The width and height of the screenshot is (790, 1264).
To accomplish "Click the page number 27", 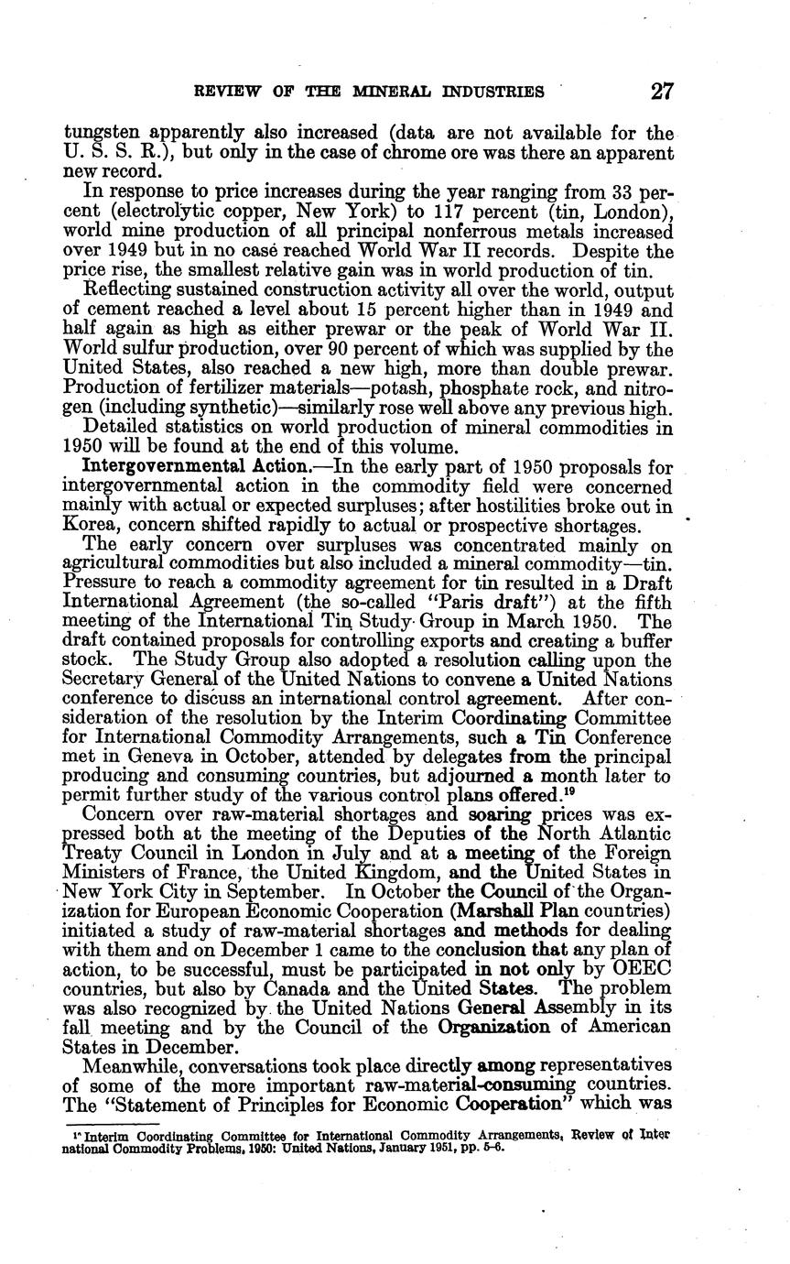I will pyautogui.click(x=662, y=92).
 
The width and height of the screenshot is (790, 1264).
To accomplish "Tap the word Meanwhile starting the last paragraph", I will pyautogui.click(x=134, y=1069).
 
